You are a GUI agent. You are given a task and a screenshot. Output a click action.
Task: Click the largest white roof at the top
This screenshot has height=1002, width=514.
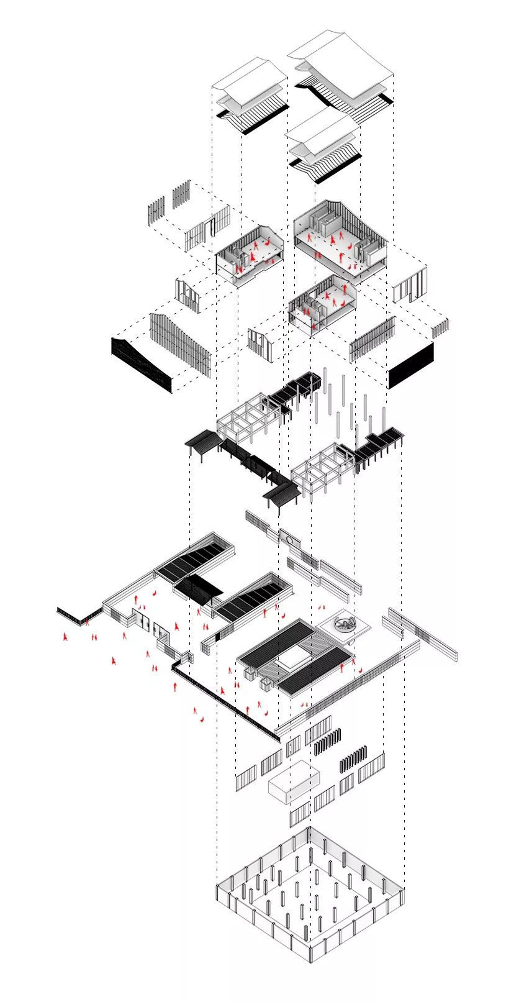[x=345, y=62]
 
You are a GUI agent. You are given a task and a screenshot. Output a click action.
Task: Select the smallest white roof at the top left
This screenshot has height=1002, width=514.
[x=250, y=81]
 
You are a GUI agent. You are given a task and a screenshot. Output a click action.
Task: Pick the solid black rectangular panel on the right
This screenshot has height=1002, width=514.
[x=410, y=366]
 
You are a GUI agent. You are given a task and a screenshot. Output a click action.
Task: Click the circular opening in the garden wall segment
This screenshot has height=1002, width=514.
[x=289, y=539]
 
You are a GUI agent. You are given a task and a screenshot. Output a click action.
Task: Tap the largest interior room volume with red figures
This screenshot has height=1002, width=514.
[x=340, y=239]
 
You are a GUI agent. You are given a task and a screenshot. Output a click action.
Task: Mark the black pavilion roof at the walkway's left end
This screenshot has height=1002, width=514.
[x=203, y=440]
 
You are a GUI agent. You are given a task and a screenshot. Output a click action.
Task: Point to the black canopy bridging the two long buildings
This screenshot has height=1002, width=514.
[x=199, y=587]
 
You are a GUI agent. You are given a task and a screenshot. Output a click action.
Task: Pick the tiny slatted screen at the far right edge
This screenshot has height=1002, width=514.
[x=440, y=327]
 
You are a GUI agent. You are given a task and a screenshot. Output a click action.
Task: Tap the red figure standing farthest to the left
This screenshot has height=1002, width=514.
[x=65, y=637]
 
